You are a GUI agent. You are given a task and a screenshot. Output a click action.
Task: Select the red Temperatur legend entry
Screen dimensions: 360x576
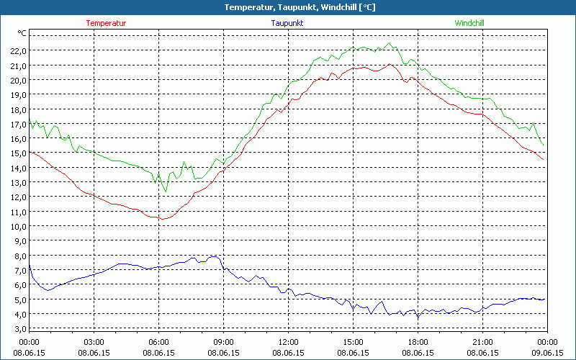106,23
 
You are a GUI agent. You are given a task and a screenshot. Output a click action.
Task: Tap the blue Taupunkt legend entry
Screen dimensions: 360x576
287,23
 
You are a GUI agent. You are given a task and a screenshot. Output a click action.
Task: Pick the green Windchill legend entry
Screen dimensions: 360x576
469,23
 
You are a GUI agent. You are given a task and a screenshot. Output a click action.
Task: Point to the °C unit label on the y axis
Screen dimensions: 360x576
22,33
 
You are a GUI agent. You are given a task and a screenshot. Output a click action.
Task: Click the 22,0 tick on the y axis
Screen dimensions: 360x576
18,50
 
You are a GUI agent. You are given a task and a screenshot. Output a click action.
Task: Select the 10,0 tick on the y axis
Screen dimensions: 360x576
18,226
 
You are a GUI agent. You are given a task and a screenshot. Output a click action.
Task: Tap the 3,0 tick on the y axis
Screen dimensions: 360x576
18,328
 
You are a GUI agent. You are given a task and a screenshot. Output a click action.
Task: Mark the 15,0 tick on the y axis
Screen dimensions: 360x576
18,153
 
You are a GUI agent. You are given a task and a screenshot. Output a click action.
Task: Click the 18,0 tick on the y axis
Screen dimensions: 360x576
18,109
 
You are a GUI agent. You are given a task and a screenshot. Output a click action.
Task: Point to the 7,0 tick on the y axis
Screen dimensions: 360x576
18,270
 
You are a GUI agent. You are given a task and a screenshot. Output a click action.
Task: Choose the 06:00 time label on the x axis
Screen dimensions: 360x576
158,342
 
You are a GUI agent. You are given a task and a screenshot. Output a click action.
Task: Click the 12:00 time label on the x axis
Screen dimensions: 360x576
288,342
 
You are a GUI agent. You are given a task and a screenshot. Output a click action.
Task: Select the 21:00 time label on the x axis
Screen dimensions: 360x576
482,342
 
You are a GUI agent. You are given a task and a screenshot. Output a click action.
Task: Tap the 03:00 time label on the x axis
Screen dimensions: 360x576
94,342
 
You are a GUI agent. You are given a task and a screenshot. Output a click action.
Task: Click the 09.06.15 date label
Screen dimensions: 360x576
547,353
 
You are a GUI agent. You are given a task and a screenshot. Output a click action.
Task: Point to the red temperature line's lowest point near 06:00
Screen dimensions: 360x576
163,219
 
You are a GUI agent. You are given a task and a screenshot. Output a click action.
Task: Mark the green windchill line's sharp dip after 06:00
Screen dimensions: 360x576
166,192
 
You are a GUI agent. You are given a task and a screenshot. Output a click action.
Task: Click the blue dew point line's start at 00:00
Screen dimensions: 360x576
30,266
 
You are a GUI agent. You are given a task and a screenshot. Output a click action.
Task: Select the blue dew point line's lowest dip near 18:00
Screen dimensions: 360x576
417,319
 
